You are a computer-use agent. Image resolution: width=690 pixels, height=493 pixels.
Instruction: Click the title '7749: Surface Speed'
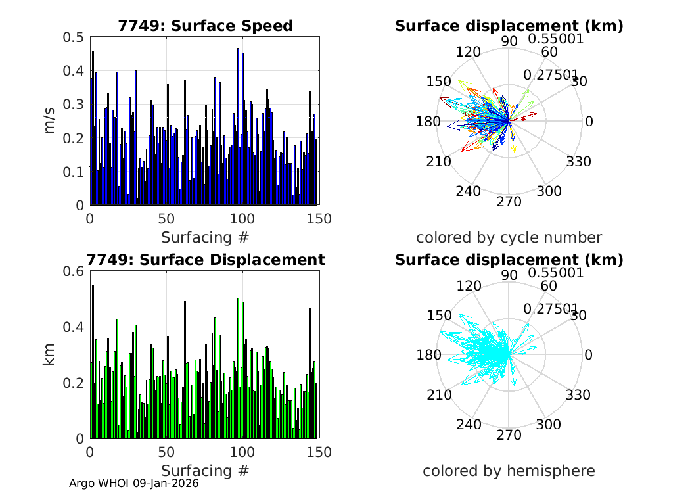[x=205, y=26]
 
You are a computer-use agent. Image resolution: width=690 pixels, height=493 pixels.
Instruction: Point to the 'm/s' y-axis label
[x=50, y=121]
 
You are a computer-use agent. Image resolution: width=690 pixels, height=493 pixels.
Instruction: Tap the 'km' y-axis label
[x=50, y=354]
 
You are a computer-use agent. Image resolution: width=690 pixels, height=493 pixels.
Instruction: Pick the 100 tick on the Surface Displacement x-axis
[x=242, y=452]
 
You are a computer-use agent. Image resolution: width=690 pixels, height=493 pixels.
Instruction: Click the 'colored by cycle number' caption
[x=509, y=237]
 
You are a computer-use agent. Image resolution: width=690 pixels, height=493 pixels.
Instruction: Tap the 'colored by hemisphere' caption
[x=509, y=471]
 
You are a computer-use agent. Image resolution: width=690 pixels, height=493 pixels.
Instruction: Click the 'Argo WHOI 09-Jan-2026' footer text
[x=134, y=483]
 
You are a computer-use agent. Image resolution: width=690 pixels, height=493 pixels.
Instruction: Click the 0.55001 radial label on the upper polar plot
[x=556, y=39]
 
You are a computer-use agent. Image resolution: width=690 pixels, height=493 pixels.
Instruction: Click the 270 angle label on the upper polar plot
[x=509, y=202]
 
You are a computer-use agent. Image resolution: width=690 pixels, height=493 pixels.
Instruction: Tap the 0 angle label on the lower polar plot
[x=589, y=355]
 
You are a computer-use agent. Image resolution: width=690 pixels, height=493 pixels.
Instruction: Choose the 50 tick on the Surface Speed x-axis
[x=166, y=219]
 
